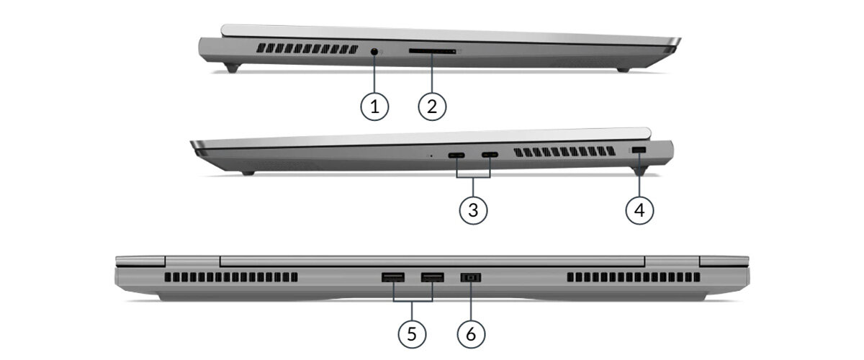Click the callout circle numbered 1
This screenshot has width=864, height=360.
[x=374, y=106]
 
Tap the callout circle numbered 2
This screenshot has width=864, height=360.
[x=432, y=106]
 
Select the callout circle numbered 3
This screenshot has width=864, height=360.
[x=473, y=210]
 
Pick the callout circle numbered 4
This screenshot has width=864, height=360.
[x=639, y=210]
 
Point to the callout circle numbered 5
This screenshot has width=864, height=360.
[x=412, y=334]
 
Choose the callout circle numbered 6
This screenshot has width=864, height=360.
[x=471, y=334]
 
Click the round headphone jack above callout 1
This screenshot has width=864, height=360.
[x=374, y=51]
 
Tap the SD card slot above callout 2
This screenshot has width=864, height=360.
[x=433, y=51]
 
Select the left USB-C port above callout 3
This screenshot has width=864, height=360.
[x=456, y=156]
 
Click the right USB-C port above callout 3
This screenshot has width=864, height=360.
[x=490, y=155]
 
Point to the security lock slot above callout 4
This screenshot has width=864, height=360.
[x=639, y=150]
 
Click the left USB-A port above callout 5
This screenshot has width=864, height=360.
[x=393, y=277]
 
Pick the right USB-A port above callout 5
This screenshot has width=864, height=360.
[x=433, y=277]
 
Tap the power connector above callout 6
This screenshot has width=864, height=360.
[x=471, y=277]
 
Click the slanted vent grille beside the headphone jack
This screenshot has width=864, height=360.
[x=307, y=49]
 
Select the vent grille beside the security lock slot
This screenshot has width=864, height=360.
[x=564, y=152]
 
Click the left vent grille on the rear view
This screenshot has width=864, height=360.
[x=231, y=277]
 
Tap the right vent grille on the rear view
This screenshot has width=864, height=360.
[x=634, y=277]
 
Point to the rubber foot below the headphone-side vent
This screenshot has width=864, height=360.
[x=232, y=68]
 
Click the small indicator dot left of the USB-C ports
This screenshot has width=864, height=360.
[x=431, y=156]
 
